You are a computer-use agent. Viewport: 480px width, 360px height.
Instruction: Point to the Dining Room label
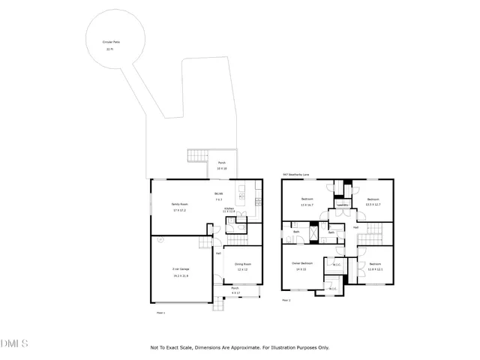click(242, 264)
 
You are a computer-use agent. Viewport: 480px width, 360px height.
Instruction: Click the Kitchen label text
click(229, 208)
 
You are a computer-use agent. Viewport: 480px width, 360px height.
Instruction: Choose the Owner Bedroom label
click(301, 264)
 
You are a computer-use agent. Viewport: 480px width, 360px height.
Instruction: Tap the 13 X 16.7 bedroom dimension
click(307, 205)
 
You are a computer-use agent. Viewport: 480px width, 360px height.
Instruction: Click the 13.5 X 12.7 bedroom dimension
click(373, 204)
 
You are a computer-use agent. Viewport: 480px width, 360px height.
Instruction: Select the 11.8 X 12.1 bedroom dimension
click(375, 268)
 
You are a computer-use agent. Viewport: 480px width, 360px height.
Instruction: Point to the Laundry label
click(342, 205)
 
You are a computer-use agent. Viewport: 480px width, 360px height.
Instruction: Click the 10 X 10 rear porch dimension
click(222, 169)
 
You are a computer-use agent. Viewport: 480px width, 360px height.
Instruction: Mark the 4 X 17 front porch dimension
click(235, 292)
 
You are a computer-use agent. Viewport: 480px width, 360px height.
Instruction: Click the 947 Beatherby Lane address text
click(297, 175)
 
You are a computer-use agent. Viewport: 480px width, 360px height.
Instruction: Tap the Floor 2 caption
click(286, 299)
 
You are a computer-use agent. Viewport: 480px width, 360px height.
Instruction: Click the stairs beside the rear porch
click(197, 156)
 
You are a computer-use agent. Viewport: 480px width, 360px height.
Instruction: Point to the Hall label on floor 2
click(355, 226)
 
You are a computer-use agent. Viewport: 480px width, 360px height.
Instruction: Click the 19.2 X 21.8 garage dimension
click(179, 275)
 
